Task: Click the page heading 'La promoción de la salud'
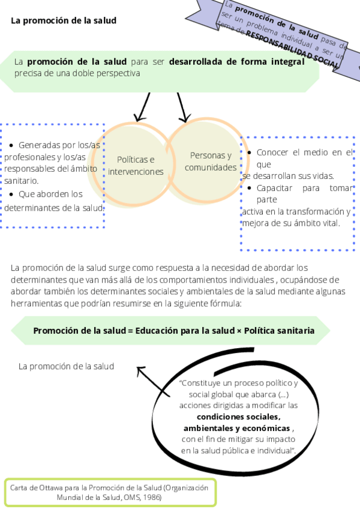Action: (64, 20)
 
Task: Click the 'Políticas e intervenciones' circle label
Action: (136, 166)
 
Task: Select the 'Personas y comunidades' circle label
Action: (210, 161)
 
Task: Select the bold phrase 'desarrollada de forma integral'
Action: (236, 61)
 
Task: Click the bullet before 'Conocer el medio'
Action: (250, 153)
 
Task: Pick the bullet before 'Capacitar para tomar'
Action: (250, 188)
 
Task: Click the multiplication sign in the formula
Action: (238, 331)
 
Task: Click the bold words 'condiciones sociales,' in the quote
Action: (239, 417)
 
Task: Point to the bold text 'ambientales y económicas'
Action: (237, 428)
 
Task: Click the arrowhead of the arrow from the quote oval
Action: (140, 370)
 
